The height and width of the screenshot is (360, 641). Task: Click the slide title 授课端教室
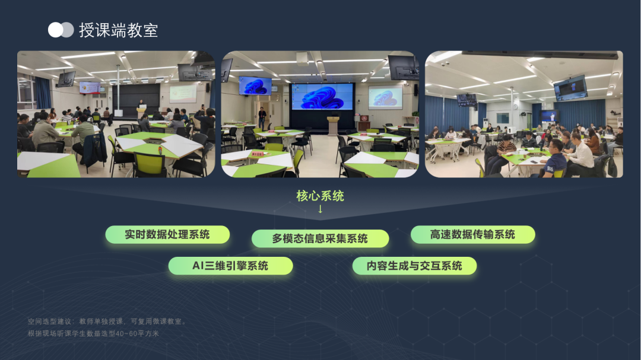click(118, 30)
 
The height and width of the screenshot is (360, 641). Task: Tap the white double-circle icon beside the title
click(61, 30)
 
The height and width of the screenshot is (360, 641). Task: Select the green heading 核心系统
click(320, 196)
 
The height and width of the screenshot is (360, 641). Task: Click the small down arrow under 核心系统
click(320, 209)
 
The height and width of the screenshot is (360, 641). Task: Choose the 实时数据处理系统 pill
click(167, 234)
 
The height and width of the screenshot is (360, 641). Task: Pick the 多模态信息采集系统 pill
click(320, 238)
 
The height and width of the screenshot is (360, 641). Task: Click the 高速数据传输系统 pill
click(472, 234)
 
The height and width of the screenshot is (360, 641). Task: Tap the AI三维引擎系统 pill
click(230, 266)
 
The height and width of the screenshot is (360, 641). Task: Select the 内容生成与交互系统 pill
click(414, 266)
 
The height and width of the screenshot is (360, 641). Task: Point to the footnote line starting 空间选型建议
click(107, 321)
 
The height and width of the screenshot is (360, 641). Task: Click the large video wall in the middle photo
click(322, 97)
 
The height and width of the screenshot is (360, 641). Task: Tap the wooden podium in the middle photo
click(333, 126)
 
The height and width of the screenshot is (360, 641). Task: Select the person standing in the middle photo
click(262, 118)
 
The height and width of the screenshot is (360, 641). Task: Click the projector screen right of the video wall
click(385, 98)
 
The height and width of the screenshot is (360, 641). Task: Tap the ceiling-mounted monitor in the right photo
click(570, 87)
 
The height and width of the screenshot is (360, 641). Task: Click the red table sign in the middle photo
click(257, 154)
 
